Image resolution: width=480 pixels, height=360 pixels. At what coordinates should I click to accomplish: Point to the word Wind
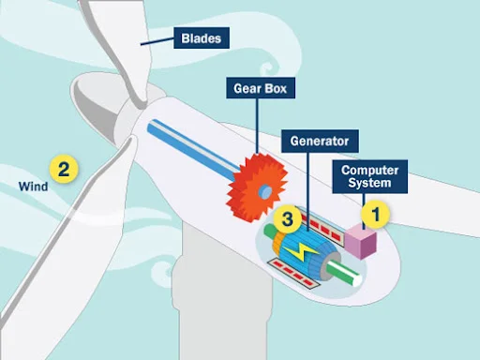click(33, 187)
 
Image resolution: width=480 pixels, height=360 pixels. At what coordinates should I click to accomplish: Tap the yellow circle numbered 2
click(63, 170)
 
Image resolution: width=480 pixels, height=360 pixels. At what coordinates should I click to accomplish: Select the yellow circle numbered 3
click(289, 220)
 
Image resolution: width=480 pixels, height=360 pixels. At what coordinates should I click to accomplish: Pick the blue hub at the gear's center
click(265, 191)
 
